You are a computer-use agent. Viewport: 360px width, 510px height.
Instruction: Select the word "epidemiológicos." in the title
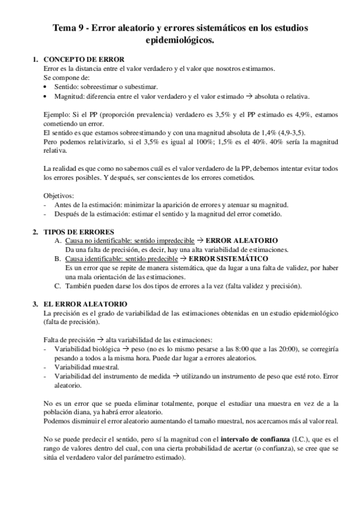(x=180, y=40)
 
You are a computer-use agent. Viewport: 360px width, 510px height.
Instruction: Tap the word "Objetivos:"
(x=59, y=195)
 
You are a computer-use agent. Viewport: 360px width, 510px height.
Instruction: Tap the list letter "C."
(x=58, y=286)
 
